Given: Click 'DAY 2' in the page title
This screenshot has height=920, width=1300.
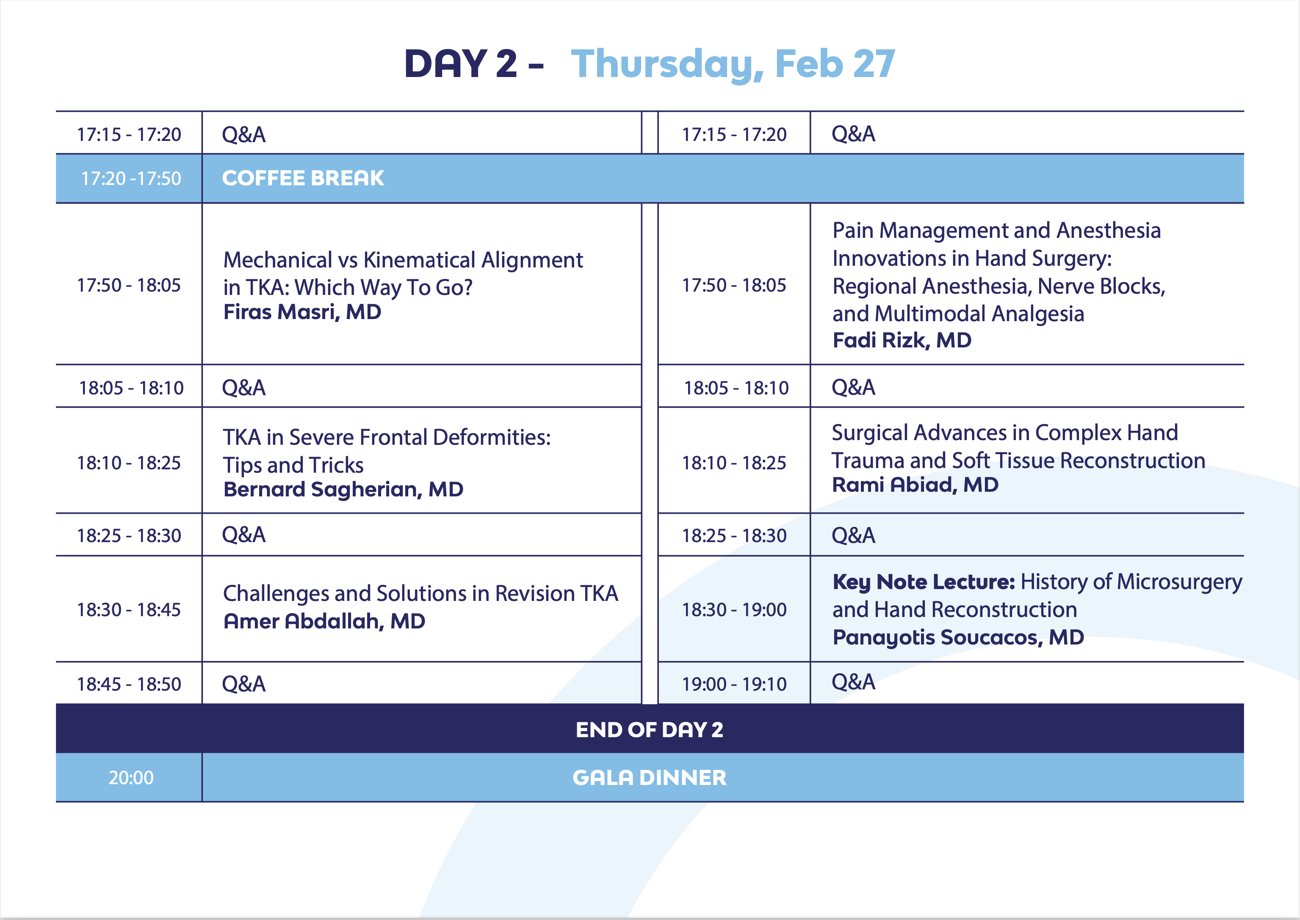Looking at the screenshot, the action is click(x=461, y=63).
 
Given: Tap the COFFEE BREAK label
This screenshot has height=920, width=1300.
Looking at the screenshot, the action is click(x=303, y=178).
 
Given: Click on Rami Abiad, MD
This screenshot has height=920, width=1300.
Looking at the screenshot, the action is click(x=915, y=485).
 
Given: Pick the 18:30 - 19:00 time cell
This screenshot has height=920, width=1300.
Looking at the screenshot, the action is click(x=734, y=609).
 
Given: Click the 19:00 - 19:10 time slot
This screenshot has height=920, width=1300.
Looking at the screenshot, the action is click(x=734, y=684).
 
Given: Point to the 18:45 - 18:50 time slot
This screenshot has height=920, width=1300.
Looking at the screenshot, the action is click(x=129, y=684).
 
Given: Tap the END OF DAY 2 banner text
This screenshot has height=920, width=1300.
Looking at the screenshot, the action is click(x=650, y=730).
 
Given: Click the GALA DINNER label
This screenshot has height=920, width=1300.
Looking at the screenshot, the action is click(x=650, y=778).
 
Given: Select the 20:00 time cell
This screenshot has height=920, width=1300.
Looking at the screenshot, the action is click(x=131, y=778).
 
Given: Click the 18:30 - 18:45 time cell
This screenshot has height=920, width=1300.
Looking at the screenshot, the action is click(x=129, y=609).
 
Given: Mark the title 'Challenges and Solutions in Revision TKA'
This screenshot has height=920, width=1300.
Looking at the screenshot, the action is click(x=420, y=594).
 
